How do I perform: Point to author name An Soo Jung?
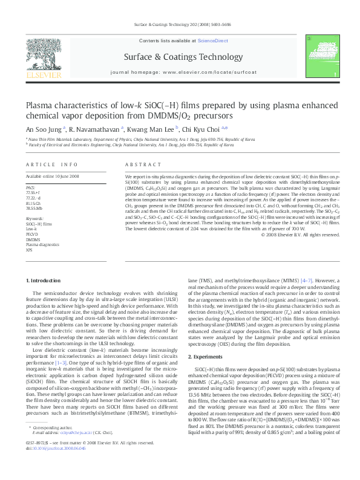42,128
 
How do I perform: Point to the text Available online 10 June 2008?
52,177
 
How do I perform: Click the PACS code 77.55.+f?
34,191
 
